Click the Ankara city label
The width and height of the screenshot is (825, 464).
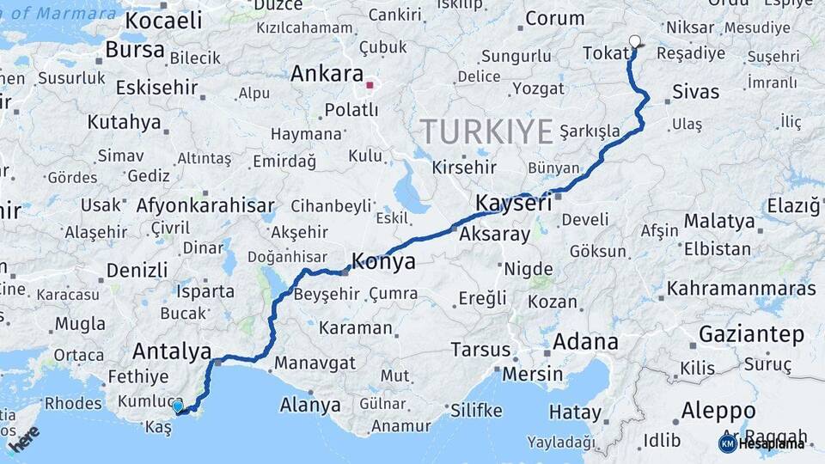point(327,73)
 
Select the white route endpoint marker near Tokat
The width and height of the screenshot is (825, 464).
point(635,40)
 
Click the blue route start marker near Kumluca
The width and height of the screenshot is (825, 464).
point(178,406)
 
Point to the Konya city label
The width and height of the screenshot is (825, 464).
point(384,261)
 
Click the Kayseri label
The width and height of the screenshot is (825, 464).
point(513,204)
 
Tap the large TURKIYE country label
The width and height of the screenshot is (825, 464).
point(486,132)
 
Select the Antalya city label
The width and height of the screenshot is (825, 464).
point(172,351)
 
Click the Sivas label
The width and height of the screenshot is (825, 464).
point(696,92)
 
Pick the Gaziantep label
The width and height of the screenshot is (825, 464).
point(751,333)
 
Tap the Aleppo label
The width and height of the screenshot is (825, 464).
point(718,411)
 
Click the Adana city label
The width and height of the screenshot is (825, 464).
point(585,341)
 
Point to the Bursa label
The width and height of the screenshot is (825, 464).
point(135,49)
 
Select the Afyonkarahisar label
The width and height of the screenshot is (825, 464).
point(205,205)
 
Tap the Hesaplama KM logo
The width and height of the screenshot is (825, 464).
point(762,443)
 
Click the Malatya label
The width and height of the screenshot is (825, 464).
point(719,221)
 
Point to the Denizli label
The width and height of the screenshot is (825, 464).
point(137,270)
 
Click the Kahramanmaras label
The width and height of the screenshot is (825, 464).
point(741,289)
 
